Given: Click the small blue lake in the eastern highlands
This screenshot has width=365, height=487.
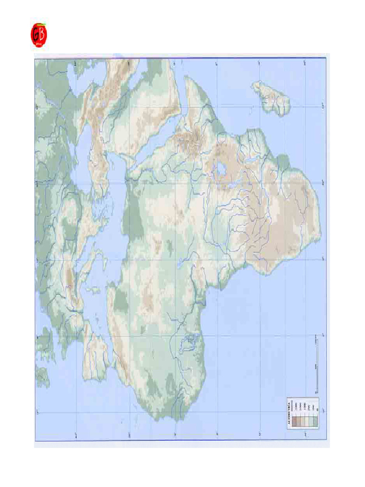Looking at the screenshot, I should tap(221, 169).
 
